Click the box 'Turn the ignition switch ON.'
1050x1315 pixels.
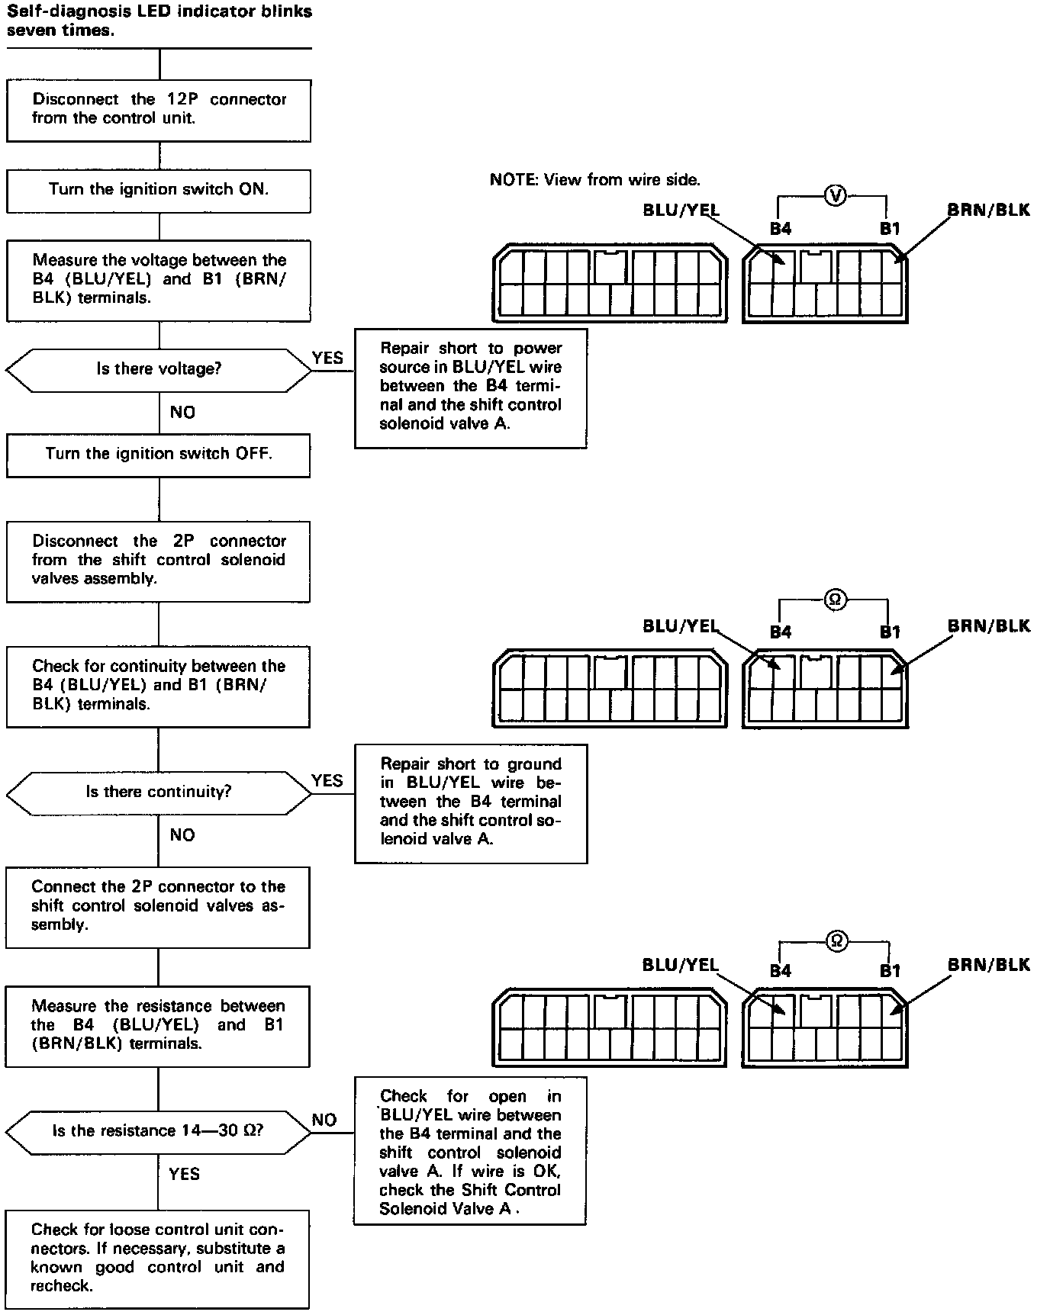159,191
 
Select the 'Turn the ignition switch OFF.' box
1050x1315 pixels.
159,455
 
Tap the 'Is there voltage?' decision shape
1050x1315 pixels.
159,370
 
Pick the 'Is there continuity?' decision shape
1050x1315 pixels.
159,793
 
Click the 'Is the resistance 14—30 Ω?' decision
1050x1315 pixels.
159,1131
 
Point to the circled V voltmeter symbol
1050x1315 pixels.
836,197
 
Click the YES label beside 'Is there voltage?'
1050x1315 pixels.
328,358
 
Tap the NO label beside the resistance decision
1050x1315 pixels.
324,1120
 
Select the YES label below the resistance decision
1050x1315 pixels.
184,1174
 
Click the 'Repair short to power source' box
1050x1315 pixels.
471,387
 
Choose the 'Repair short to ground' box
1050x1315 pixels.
471,803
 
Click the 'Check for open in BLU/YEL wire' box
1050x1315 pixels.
470,1151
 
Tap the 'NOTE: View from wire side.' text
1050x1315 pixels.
595,180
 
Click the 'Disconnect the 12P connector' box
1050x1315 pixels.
159,110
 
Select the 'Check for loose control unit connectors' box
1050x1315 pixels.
158,1259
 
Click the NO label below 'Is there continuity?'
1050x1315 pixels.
182,835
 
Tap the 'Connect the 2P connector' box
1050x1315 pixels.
158,907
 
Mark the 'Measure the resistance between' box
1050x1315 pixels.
158,1026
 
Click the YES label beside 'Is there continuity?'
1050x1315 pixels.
327,781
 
